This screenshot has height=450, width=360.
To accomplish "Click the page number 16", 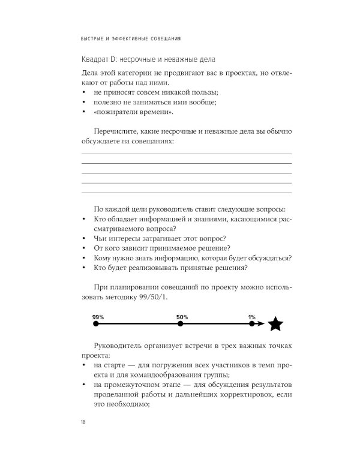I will pos(83,424).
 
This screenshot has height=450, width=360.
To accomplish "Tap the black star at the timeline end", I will pos(275,324).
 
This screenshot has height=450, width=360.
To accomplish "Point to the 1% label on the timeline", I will pos(251,316).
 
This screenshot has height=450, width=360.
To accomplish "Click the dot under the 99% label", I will pos(96,324).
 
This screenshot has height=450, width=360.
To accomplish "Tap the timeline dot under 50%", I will pos(181,324).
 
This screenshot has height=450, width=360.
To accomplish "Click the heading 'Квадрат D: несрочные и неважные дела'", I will pos(143,60).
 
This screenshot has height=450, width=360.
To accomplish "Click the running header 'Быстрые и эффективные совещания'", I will pos(131,38).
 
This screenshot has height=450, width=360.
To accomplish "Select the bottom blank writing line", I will pos(186,193).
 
